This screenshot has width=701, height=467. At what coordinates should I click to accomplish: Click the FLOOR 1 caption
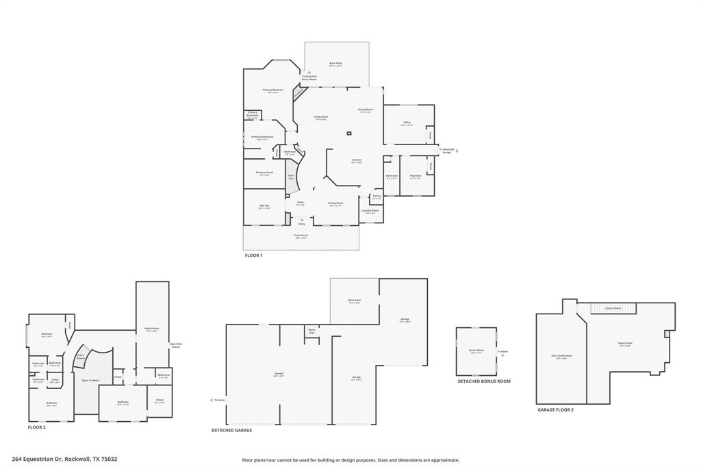(253, 255)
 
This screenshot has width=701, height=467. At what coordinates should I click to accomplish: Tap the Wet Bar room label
(264, 205)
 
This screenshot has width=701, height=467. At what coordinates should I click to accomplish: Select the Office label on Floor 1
(407, 123)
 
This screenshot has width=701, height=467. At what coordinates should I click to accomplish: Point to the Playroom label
(415, 176)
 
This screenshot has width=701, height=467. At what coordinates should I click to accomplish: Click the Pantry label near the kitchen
(377, 197)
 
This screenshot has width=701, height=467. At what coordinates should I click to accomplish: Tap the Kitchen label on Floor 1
(357, 160)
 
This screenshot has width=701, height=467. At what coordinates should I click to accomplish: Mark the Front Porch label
(301, 236)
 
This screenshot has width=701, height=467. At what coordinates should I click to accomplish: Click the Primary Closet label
(264, 173)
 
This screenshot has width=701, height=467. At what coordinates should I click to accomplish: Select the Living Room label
(320, 116)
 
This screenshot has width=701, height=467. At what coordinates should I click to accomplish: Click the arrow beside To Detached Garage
(457, 151)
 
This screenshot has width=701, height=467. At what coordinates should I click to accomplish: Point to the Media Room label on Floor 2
(151, 329)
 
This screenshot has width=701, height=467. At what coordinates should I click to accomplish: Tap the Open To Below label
(90, 380)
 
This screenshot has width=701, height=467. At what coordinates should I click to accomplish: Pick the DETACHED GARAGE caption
(231, 430)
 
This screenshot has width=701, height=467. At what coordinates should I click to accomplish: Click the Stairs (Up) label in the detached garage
(312, 330)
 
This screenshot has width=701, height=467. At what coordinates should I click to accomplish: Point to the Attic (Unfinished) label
(561, 356)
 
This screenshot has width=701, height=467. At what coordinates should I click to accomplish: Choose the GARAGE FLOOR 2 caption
(555, 409)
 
